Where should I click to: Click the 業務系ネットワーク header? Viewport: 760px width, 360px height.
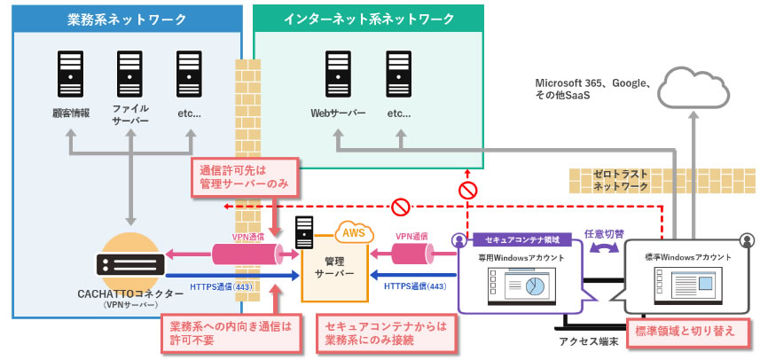pos(128,19)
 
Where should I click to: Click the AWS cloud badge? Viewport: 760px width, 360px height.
pos(353,232)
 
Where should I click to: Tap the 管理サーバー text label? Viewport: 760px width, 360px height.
pos(335,266)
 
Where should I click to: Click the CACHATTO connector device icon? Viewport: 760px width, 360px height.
pos(131,262)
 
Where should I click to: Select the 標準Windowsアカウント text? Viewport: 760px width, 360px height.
pos(689,257)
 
